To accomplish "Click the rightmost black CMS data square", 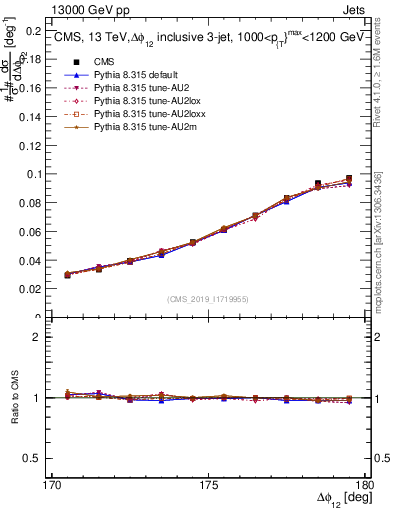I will [349, 178].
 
